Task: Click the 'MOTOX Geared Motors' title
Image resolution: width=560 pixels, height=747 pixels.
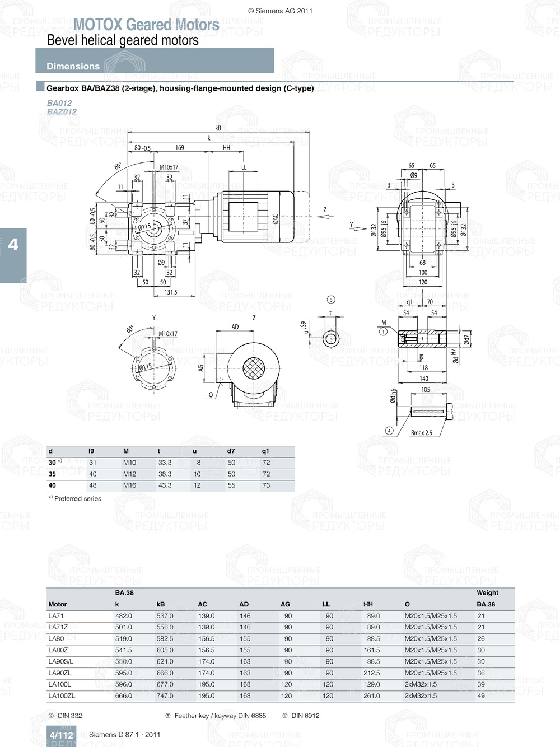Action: pyautogui.click(x=146, y=25)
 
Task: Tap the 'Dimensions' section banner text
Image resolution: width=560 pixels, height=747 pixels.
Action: pyautogui.click(x=73, y=66)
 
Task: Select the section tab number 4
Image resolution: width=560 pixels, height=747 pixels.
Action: pyautogui.click(x=13, y=245)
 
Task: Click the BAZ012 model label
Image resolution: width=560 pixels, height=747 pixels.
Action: pyautogui.click(x=62, y=111)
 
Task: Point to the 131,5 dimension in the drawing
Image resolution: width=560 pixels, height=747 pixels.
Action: pyautogui.click(x=171, y=292)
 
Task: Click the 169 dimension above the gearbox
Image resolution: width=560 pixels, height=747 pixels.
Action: pyautogui.click(x=180, y=148)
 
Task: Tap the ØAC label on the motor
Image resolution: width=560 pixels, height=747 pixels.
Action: pyautogui.click(x=275, y=218)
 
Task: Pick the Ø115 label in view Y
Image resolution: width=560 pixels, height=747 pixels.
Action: pyautogui.click(x=146, y=367)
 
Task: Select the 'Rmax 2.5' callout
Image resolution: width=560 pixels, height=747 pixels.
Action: pyautogui.click(x=421, y=432)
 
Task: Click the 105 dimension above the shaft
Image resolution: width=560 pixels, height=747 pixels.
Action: pyautogui.click(x=426, y=390)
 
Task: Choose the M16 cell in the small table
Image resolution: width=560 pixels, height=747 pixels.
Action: pyautogui.click(x=129, y=485)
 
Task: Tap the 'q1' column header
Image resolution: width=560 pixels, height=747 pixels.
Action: pyautogui.click(x=265, y=451)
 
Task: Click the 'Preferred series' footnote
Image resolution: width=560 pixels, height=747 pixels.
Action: pyautogui.click(x=77, y=498)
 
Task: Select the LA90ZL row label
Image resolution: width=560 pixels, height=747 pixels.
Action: pyautogui.click(x=60, y=673)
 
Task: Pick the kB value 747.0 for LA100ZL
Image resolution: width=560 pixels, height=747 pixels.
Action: pyautogui.click(x=165, y=696)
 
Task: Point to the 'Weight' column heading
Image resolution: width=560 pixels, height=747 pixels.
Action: pyautogui.click(x=487, y=592)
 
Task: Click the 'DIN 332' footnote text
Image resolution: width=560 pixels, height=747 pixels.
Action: pyautogui.click(x=69, y=716)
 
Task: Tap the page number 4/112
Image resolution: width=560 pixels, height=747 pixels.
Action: pyautogui.click(x=61, y=735)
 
